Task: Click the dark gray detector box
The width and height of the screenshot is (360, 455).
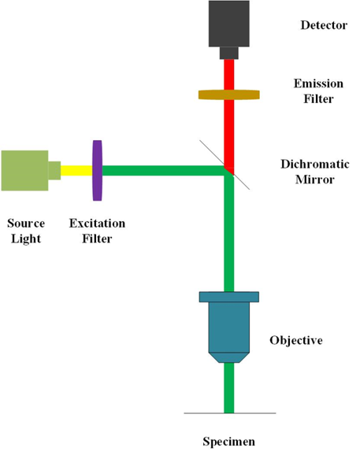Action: (228, 24)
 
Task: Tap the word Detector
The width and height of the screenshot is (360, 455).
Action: (324, 25)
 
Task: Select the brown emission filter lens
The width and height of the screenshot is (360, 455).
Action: (228, 95)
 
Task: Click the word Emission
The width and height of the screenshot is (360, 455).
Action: (318, 83)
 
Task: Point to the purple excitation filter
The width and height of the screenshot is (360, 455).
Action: (97, 171)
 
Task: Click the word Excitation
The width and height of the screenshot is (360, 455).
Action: (97, 224)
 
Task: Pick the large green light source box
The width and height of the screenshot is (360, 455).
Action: (24, 171)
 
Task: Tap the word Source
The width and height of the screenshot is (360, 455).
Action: (26, 224)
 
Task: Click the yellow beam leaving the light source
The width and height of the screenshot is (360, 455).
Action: (76, 171)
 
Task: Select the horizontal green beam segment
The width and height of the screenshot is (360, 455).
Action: (163, 171)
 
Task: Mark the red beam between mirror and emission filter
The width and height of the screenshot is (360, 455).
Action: (228, 134)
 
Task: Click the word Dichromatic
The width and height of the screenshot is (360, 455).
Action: (315, 165)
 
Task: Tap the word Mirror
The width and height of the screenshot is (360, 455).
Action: (315, 179)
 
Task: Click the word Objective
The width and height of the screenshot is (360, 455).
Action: (296, 340)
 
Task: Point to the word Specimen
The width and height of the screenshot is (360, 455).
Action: (228, 442)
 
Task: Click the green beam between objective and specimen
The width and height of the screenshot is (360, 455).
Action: (228, 387)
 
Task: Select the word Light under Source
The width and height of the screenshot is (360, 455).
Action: (26, 239)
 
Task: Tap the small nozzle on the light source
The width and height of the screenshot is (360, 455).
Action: (54, 171)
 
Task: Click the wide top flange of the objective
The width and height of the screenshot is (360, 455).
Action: (228, 297)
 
